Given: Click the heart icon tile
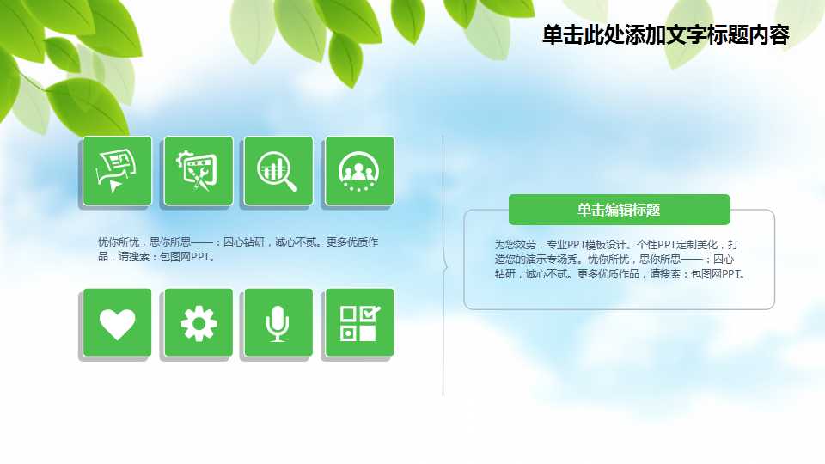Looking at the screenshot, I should pyautogui.click(x=118, y=323).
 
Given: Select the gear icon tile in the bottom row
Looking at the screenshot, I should pyautogui.click(x=199, y=323).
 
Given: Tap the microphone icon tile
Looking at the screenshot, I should pyautogui.click(x=278, y=323).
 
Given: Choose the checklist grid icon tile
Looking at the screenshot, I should pyautogui.click(x=359, y=323).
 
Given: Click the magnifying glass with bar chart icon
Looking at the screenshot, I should pyautogui.click(x=278, y=171).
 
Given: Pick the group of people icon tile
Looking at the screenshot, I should pyautogui.click(x=359, y=171).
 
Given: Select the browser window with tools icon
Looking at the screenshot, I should pyautogui.click(x=199, y=171).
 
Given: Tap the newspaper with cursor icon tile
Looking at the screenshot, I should pyautogui.click(x=118, y=171).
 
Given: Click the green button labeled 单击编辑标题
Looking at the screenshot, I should pyautogui.click(x=619, y=210).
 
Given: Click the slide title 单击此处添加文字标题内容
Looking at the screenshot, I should pyautogui.click(x=665, y=35).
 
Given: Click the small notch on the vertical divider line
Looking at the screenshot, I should pyautogui.click(x=445, y=266).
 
